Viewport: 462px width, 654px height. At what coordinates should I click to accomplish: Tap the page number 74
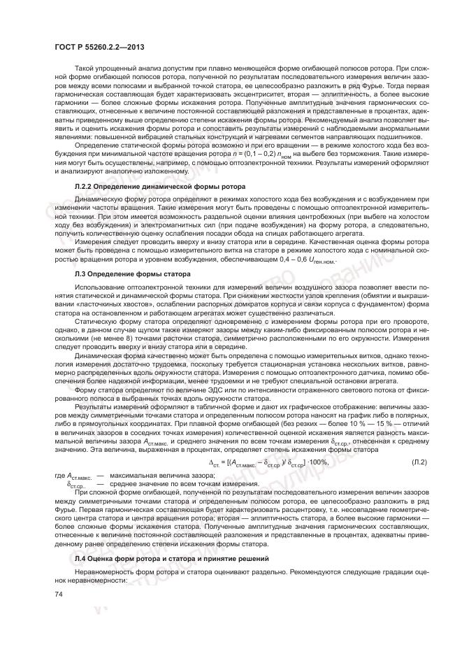(x=58, y=594)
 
